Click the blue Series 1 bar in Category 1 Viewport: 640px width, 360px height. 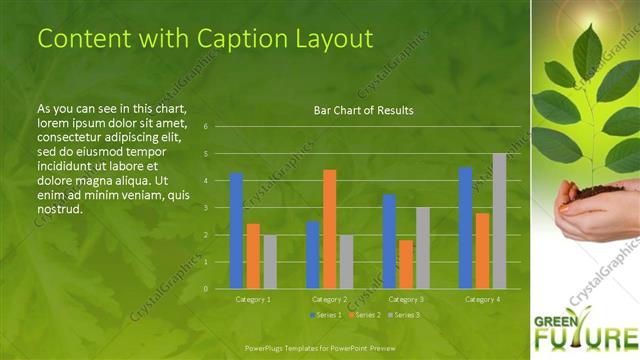point(236,231)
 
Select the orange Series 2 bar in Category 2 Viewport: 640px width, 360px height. point(329,229)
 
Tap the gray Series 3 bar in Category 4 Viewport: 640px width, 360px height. point(499,221)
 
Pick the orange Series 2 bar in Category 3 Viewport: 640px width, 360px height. point(405,264)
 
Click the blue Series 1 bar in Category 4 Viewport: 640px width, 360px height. point(465,228)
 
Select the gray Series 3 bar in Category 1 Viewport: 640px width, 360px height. point(270,262)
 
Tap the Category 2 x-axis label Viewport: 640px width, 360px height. point(329,299)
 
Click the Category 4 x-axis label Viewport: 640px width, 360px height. point(482,299)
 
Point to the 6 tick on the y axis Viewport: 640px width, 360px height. point(205,127)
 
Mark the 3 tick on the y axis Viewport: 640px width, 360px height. point(205,208)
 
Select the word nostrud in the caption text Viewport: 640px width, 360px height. point(58,210)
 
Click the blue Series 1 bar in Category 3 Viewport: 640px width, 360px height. point(388,241)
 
